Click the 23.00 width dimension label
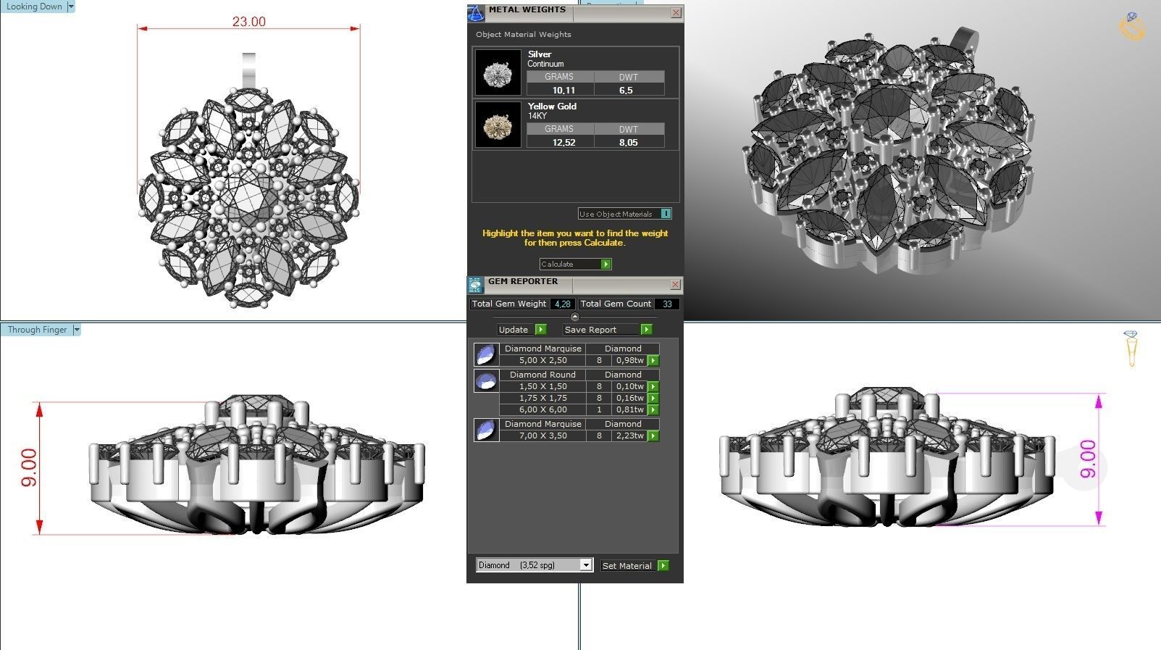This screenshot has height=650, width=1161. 248,22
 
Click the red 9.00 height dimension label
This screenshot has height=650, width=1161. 28,467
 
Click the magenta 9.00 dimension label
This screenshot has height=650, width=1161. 1087,459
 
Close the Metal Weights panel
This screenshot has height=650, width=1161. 676,12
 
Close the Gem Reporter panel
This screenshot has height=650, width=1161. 675,284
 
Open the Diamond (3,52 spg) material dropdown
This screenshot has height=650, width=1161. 585,565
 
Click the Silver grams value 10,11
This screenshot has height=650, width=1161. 563,91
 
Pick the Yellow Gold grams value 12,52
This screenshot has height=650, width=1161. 563,143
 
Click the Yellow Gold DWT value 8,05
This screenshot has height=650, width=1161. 628,143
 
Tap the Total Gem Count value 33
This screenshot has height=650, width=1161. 667,304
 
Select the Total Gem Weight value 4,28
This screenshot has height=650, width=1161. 562,304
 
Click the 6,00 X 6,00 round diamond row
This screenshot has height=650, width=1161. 542,409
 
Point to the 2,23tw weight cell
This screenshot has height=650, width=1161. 629,436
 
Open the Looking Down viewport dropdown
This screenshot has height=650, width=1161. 71,7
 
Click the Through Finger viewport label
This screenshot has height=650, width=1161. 37,330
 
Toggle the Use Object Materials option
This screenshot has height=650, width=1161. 666,214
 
